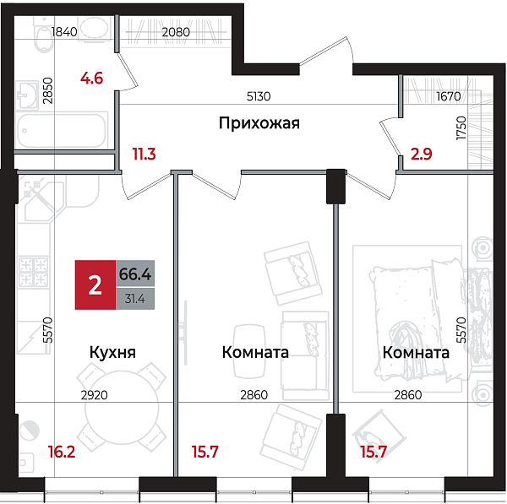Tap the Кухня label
(112, 352)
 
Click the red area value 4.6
(91, 79)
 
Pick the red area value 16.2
(60, 452)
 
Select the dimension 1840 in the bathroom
(64, 32)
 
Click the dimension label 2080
(176, 32)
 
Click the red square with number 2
(95, 285)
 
